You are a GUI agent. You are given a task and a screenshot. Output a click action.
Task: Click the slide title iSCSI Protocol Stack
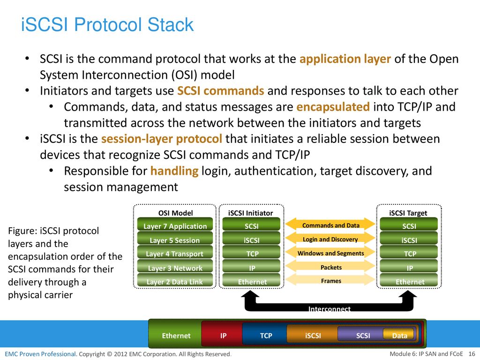pyautogui.click(x=107, y=24)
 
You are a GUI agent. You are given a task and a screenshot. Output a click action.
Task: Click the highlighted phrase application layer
pyautogui.click(x=345, y=59)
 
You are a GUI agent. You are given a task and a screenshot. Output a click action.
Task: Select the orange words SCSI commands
pyautogui.click(x=221, y=91)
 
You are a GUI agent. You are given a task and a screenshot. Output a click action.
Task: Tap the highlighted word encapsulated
pyautogui.click(x=333, y=107)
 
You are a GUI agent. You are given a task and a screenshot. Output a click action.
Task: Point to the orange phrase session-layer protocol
pyautogui.click(x=162, y=139)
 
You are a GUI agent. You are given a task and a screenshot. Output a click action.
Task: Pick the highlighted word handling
pyautogui.click(x=174, y=171)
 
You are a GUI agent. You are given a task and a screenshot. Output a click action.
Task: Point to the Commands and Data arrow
pyautogui.click(x=330, y=225)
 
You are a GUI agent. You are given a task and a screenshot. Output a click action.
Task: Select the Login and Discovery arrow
pyautogui.click(x=330, y=239)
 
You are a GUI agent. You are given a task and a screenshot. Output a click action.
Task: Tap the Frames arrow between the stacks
pyautogui.click(x=330, y=280)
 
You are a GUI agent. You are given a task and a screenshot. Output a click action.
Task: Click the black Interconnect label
pyautogui.click(x=330, y=308)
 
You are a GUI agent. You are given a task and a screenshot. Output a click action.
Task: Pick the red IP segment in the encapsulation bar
pyautogui.click(x=223, y=336)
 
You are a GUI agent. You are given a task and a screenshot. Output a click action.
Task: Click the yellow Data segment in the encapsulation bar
pyautogui.click(x=399, y=335)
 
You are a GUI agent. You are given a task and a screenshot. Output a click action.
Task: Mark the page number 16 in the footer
pyautogui.click(x=472, y=354)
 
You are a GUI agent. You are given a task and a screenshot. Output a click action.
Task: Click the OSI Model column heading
pyautogui.click(x=175, y=213)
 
